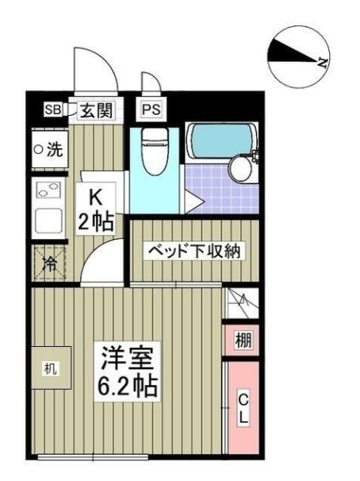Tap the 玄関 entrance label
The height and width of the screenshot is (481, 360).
tap(94, 110)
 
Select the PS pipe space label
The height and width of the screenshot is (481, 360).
tap(149, 110)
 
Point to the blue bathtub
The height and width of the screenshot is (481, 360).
tap(220, 141)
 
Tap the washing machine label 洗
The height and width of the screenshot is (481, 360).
tap(49, 149)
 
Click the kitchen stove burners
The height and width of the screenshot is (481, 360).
tap(45, 190)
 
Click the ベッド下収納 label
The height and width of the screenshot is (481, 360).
tap(194, 252)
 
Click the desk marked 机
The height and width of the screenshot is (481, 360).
tap(51, 368)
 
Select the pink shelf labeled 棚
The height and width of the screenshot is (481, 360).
tap(243, 341)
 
